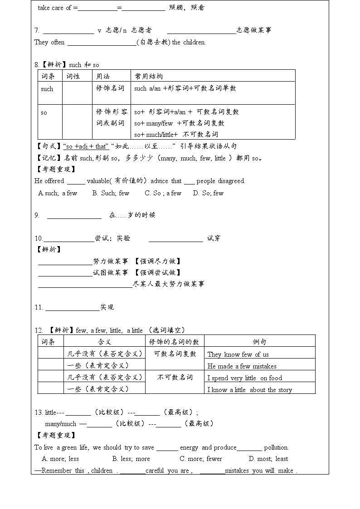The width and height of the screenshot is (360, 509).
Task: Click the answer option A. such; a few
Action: pos(58,193)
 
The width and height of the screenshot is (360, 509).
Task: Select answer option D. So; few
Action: pos(208,193)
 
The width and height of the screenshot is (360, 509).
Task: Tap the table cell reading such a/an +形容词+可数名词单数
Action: pos(185,88)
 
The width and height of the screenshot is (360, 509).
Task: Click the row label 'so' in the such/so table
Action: pos(44,112)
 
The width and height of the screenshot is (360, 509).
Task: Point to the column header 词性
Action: pos(73,76)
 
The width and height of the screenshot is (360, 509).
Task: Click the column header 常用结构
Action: pos(148,76)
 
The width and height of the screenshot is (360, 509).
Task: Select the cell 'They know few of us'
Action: pos(238,354)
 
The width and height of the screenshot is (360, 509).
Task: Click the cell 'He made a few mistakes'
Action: pos(242,366)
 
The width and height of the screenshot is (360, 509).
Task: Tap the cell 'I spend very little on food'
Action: pos(244,378)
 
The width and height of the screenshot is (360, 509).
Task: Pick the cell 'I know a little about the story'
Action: pos(249,390)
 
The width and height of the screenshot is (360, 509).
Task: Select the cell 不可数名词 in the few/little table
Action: pos(175,377)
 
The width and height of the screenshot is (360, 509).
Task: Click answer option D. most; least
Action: pos(269,459)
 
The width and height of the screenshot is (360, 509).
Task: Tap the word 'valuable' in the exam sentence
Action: pos(97,181)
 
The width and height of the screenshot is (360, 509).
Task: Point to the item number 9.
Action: pos(37,215)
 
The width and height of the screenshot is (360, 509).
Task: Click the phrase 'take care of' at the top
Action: pos(54,8)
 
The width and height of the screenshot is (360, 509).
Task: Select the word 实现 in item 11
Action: pos(107,307)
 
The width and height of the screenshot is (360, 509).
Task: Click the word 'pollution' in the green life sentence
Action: pos(276,447)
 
